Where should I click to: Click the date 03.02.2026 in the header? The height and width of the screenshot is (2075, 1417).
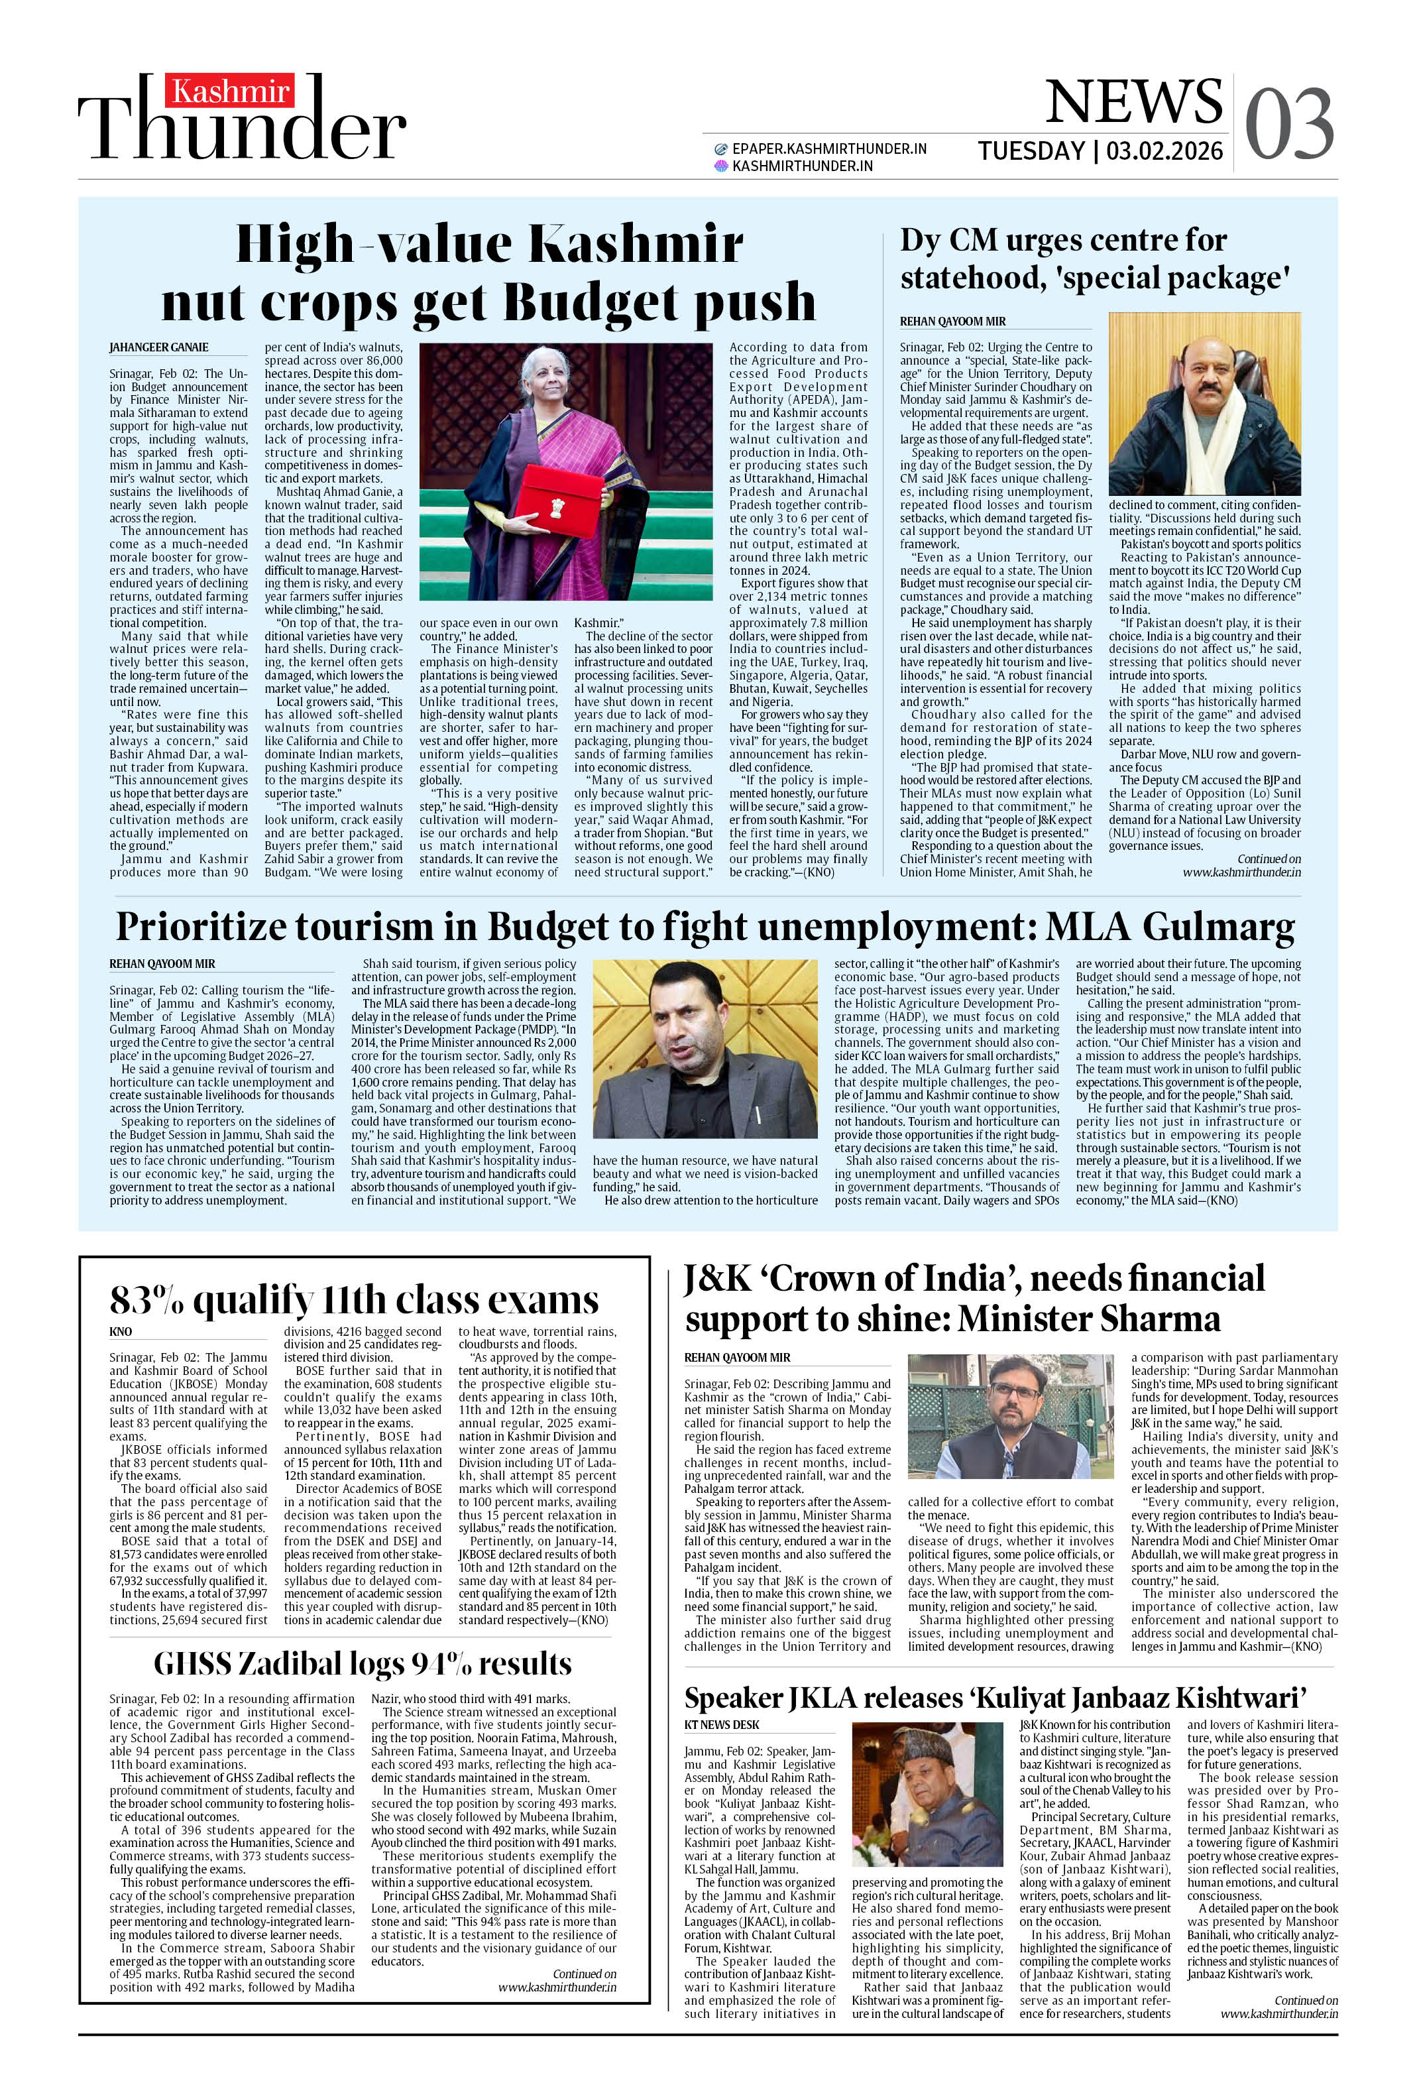click(1164, 151)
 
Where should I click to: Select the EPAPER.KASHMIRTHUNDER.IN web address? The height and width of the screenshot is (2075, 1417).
click(828, 149)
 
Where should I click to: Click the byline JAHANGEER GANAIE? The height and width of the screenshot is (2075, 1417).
click(159, 347)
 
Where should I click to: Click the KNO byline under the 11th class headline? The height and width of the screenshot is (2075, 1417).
click(121, 1331)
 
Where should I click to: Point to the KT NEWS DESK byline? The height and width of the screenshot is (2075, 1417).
click(722, 1724)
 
